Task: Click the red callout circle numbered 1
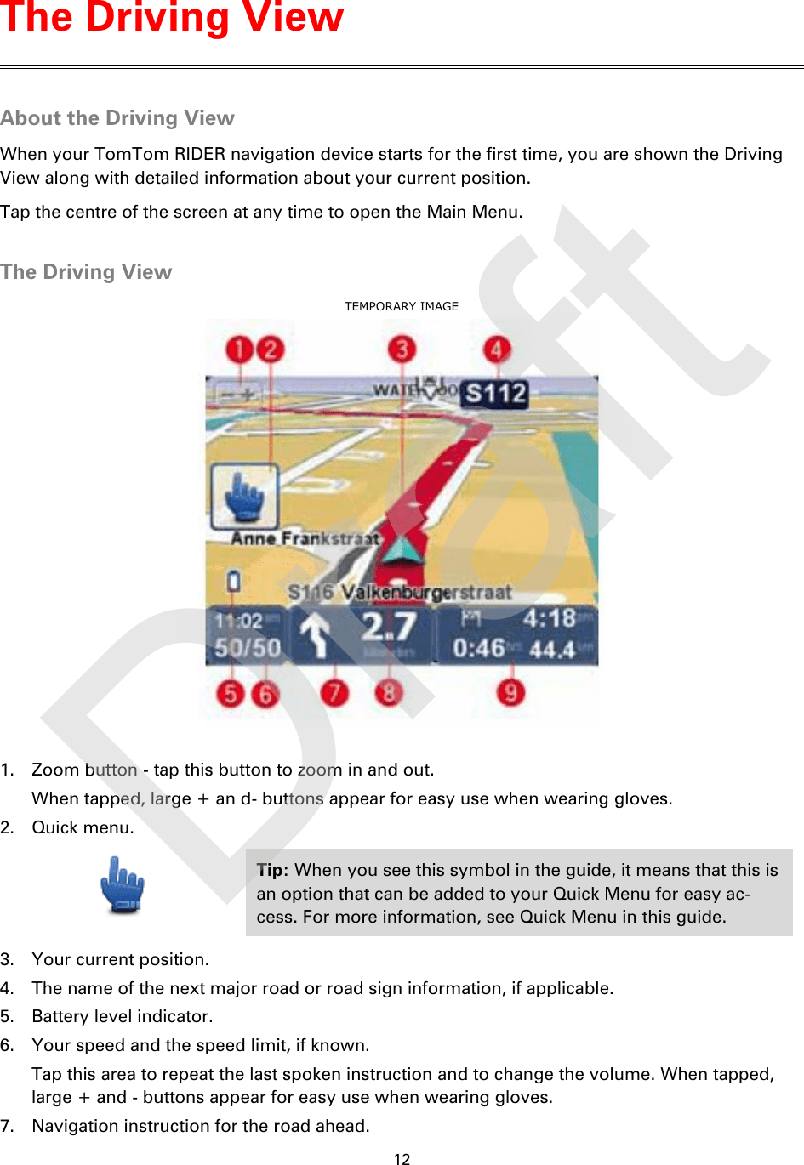pyautogui.click(x=240, y=349)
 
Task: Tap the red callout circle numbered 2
pyautogui.click(x=271, y=349)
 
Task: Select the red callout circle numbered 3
pyautogui.click(x=402, y=349)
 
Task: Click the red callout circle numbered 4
pyautogui.click(x=497, y=349)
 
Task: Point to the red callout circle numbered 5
pyautogui.click(x=231, y=693)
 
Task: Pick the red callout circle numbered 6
pyautogui.click(x=265, y=694)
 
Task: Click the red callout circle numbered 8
pyautogui.click(x=389, y=692)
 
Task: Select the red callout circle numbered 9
pyautogui.click(x=510, y=692)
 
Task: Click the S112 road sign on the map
pyautogui.click(x=496, y=394)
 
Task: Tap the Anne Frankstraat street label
pyautogui.click(x=305, y=538)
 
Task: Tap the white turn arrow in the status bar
pyautogui.click(x=316, y=636)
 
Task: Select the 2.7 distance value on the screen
pyautogui.click(x=389, y=628)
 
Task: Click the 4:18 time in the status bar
pyautogui.click(x=550, y=618)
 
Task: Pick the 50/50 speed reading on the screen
pyautogui.click(x=248, y=648)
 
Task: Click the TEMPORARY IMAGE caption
pyautogui.click(x=402, y=306)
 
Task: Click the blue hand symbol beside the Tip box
pyautogui.click(x=123, y=885)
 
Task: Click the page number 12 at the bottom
pyautogui.click(x=402, y=1158)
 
